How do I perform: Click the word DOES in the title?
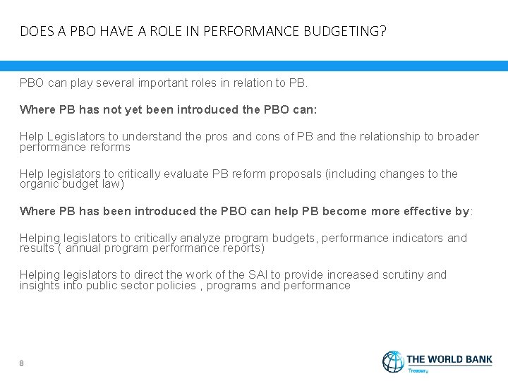click(33, 32)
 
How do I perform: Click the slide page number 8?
click(22, 363)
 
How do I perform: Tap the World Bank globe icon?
click(394, 361)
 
